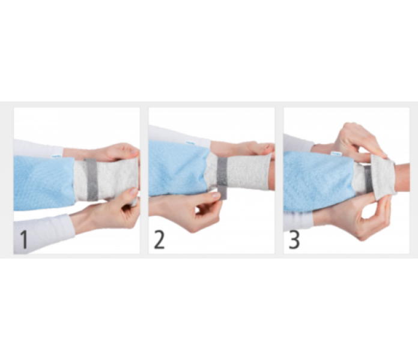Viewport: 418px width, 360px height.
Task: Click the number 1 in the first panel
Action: [x=24, y=239]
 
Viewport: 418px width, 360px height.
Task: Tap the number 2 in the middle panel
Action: [x=159, y=239]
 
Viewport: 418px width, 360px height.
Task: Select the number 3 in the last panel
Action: [x=294, y=239]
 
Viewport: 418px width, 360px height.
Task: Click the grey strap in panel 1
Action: [x=92, y=179]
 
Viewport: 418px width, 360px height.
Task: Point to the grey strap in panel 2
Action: [x=222, y=178]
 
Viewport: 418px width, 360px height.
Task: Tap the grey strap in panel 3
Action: [x=368, y=179]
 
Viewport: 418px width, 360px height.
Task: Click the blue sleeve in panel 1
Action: [x=43, y=183]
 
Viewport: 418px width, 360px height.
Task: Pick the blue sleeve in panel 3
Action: [x=319, y=182]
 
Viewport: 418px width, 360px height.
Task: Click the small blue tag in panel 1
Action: [x=56, y=156]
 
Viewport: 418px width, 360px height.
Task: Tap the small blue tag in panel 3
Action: [x=335, y=154]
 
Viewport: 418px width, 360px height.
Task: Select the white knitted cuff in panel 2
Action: [x=241, y=172]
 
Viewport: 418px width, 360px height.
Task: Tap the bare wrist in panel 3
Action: [x=402, y=177]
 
